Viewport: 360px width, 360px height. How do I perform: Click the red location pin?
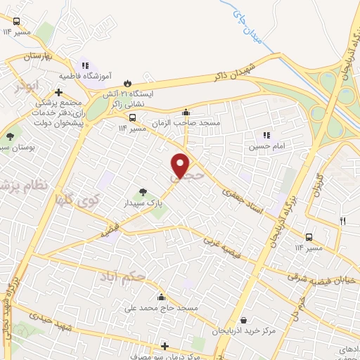tap(181, 166)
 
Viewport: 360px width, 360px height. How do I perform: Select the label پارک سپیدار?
tap(149, 202)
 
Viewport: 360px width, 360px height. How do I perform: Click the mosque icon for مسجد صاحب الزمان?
tap(186, 111)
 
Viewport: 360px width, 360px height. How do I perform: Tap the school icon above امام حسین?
tap(266, 135)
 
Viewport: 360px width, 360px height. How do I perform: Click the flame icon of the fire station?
tap(127, 82)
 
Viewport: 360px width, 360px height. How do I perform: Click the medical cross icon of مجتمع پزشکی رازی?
tap(58, 91)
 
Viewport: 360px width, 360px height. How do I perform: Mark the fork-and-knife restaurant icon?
tap(342, 221)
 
